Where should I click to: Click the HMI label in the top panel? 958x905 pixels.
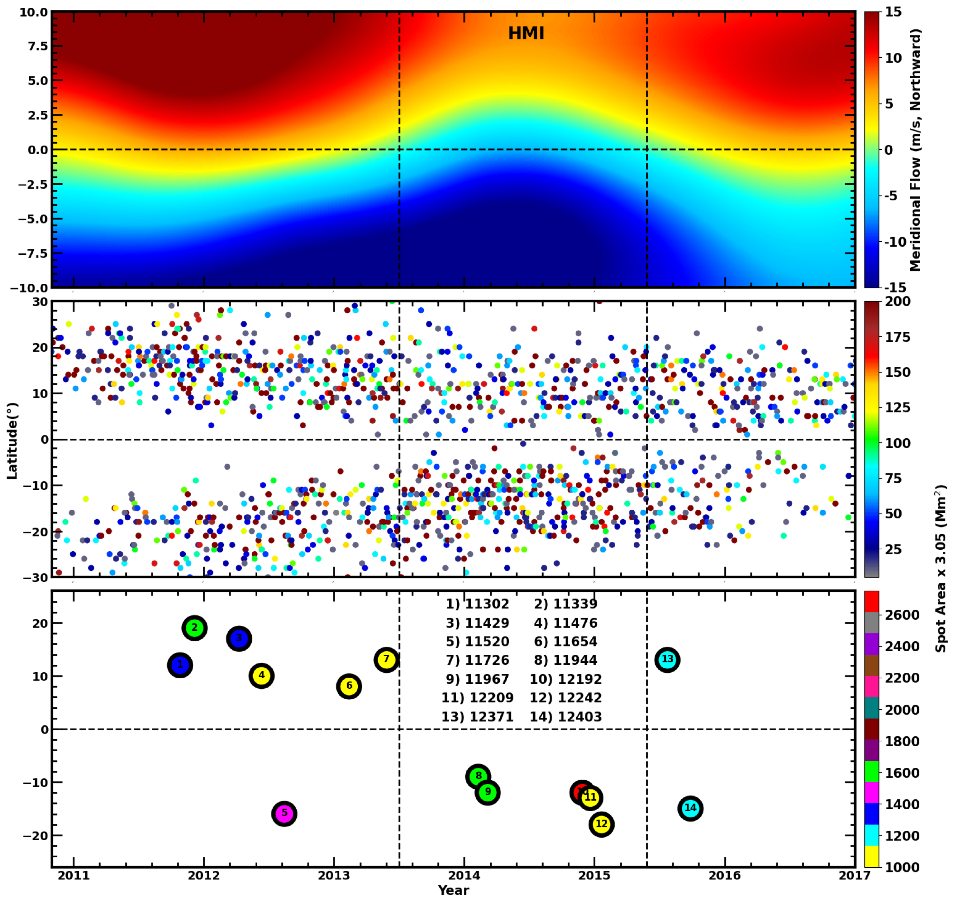coord(526,33)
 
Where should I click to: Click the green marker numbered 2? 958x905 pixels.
coord(194,628)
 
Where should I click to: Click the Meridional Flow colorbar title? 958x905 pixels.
coord(915,150)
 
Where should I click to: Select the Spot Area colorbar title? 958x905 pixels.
coord(940,569)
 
